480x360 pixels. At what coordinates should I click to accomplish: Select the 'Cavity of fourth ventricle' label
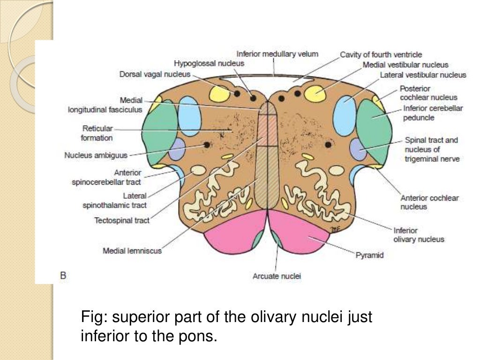tap(381, 55)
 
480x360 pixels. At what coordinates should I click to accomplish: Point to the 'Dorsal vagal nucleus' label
tap(155, 74)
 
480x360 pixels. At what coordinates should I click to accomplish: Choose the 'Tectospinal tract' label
tap(122, 220)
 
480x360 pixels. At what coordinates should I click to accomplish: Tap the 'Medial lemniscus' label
tap(132, 251)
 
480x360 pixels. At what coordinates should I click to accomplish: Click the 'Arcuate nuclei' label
tap(277, 276)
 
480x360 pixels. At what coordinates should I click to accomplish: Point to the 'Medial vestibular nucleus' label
tap(405, 65)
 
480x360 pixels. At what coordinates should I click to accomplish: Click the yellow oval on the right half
tap(315, 93)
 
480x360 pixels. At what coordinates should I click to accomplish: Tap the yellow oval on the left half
tap(219, 93)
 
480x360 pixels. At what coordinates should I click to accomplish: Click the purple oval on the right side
tap(359, 149)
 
